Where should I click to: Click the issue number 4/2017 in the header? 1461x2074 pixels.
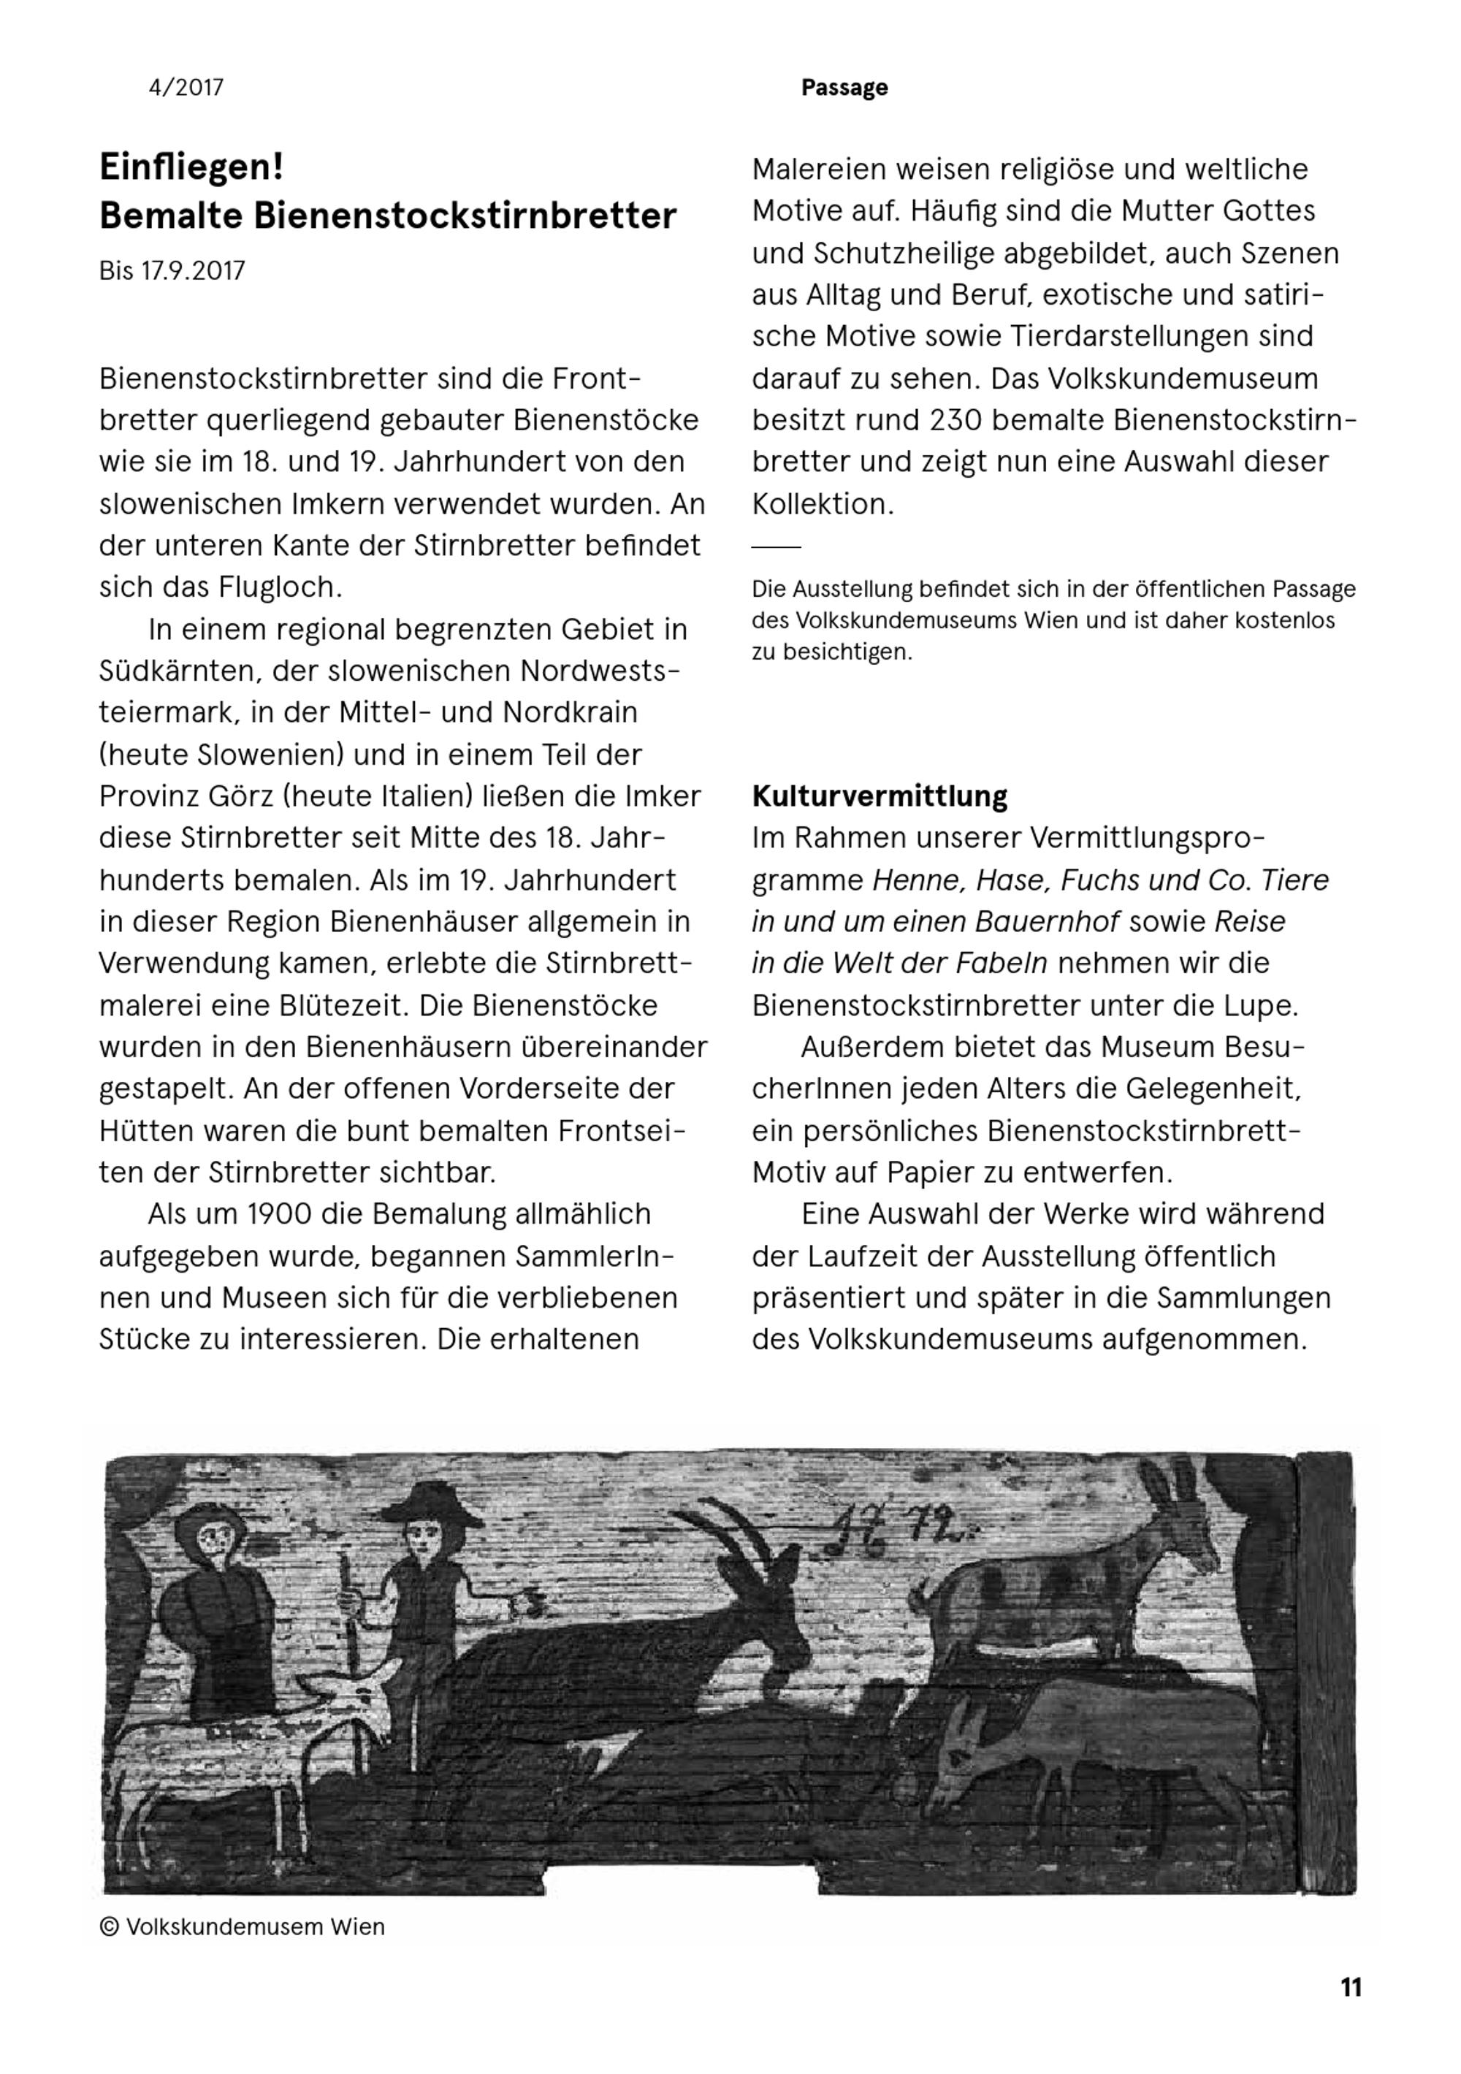186,88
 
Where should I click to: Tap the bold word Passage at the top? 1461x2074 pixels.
844,88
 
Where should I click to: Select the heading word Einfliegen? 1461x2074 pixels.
191,168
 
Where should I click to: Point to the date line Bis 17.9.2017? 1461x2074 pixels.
172,271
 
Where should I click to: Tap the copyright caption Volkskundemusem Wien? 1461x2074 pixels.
255,1926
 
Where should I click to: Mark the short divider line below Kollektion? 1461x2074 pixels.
776,546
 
